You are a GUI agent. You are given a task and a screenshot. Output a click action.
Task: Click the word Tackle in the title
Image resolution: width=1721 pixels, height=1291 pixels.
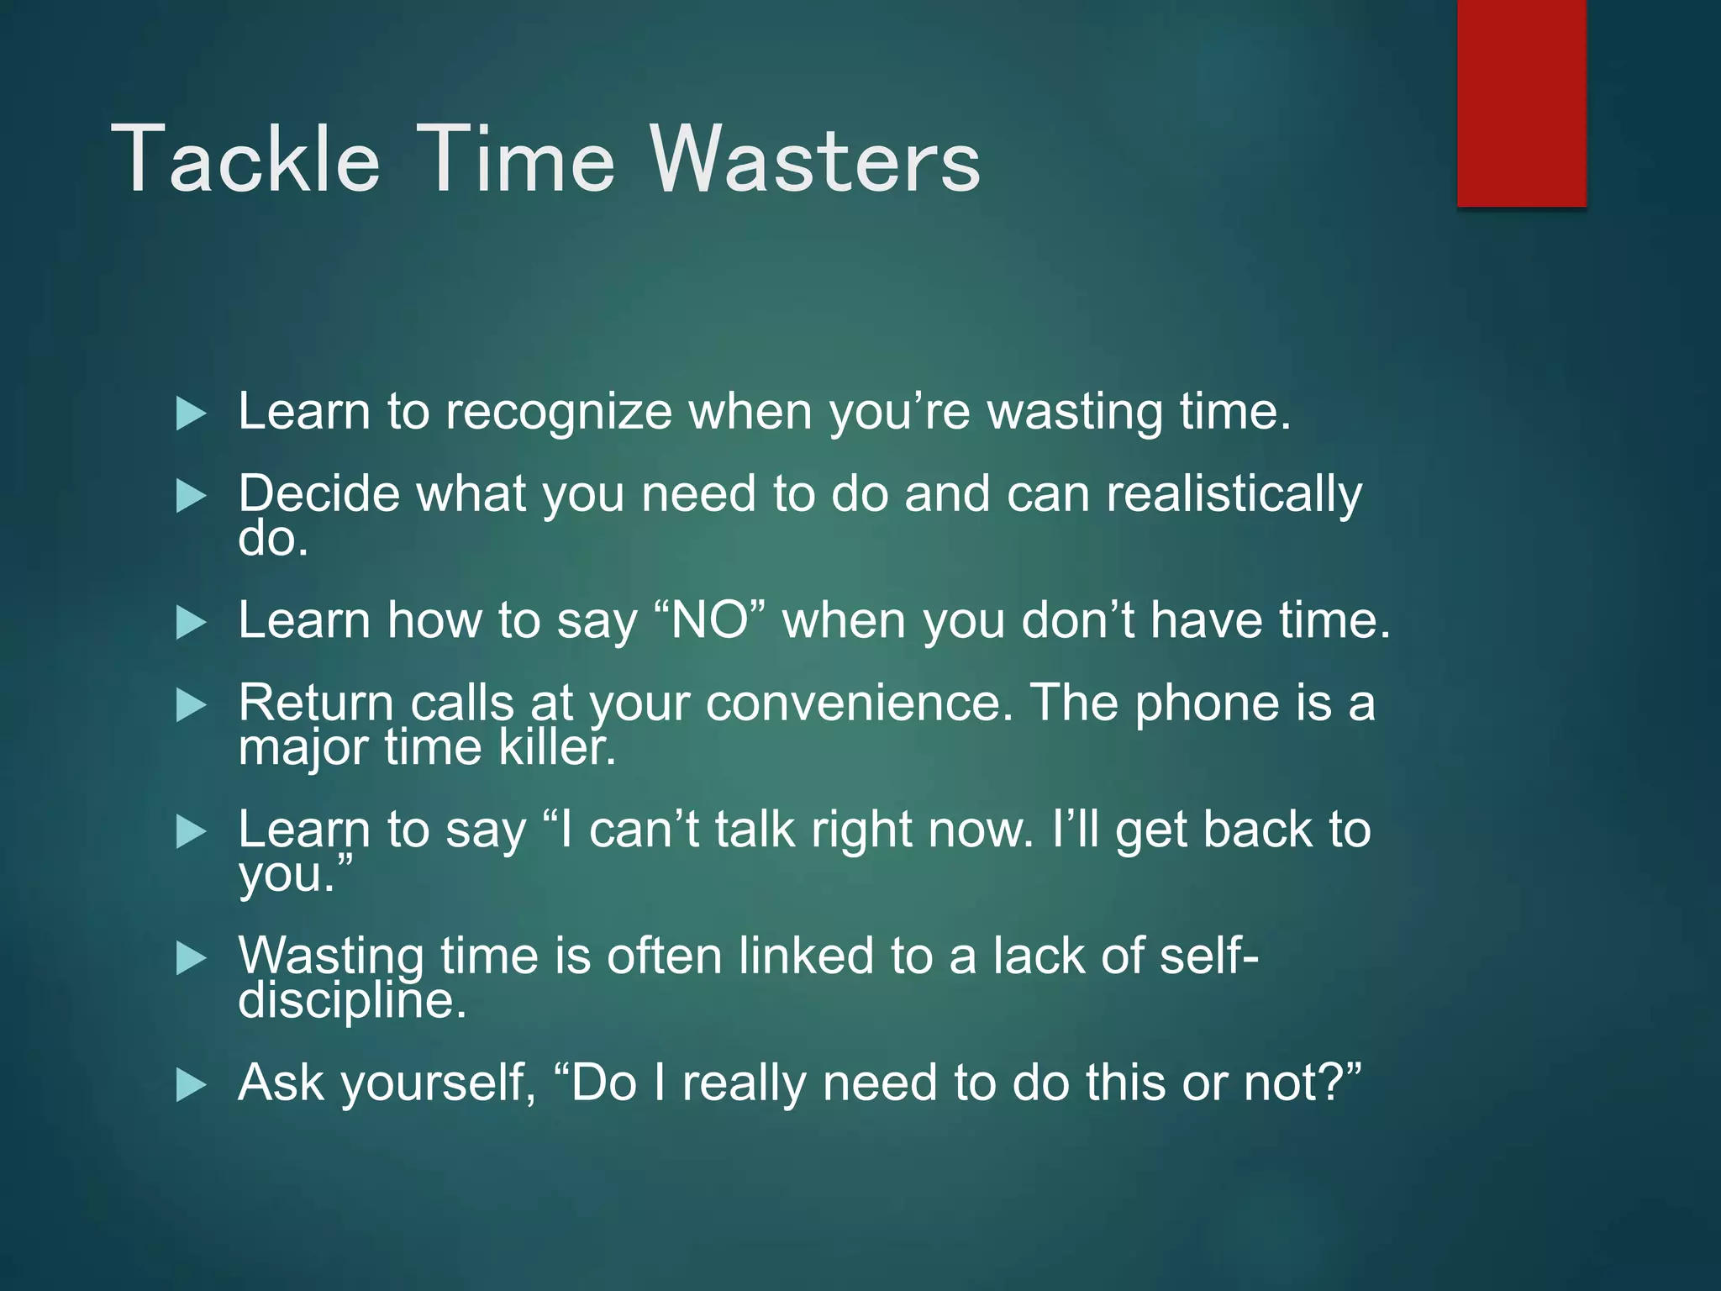[245, 160]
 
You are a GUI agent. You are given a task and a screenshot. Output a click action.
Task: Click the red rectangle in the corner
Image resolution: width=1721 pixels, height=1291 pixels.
[1521, 103]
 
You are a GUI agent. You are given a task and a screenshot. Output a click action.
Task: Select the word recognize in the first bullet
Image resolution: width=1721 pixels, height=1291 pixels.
[558, 414]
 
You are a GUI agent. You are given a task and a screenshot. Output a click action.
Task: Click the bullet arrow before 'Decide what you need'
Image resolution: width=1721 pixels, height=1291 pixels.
[191, 496]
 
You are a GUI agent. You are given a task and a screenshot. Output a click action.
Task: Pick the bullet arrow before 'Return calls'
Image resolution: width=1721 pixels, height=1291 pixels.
[191, 705]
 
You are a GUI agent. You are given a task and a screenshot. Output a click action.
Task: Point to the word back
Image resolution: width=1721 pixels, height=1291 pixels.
[1257, 830]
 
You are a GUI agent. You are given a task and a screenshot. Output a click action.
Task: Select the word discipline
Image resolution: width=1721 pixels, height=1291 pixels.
[351, 1000]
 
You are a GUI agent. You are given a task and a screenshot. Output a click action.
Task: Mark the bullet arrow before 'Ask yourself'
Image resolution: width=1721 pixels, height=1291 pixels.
[191, 1085]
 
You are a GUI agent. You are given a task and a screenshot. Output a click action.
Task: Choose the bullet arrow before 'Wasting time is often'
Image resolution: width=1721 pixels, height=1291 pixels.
[191, 958]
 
